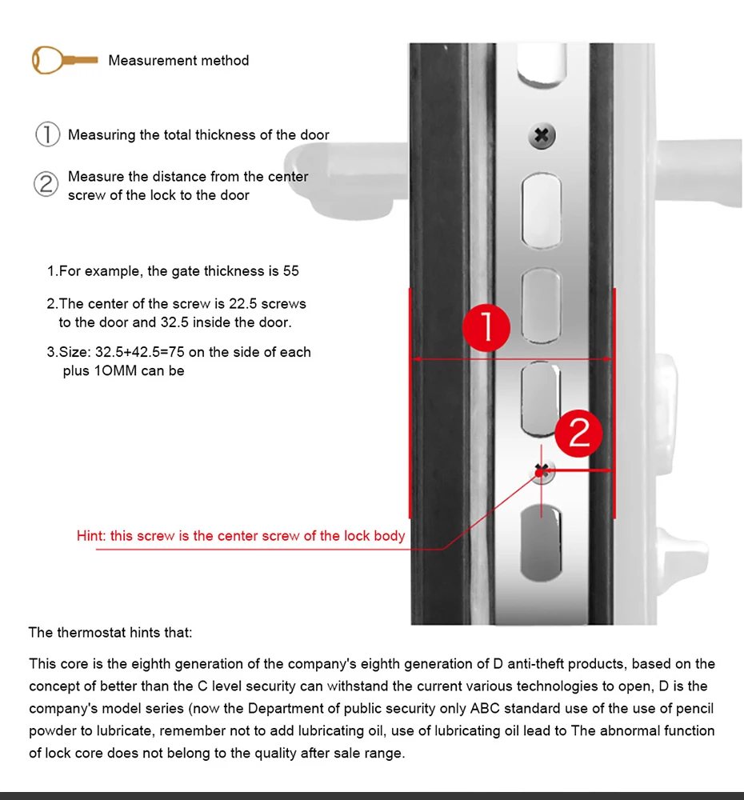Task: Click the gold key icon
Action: click(x=64, y=60)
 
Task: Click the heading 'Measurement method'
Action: click(x=178, y=60)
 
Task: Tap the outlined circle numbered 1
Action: click(x=47, y=134)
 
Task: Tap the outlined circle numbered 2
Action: click(x=46, y=184)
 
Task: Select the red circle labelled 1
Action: click(x=486, y=327)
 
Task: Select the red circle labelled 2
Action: click(x=578, y=433)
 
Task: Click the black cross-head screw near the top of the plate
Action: click(x=542, y=136)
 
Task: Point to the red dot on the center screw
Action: click(x=540, y=473)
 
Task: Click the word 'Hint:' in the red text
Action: click(x=91, y=536)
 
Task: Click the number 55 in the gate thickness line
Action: click(x=291, y=271)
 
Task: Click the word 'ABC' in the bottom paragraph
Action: click(x=485, y=709)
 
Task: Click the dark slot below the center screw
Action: click(x=541, y=543)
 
